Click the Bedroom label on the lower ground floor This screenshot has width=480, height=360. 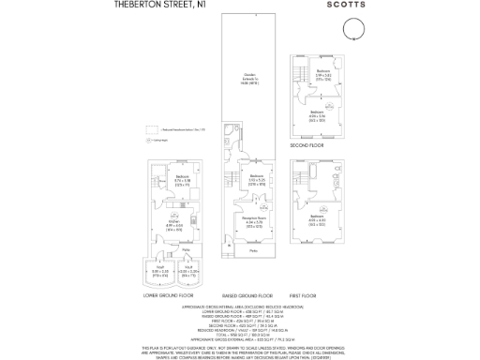coord(182,178)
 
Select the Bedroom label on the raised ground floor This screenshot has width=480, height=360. coord(253,177)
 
